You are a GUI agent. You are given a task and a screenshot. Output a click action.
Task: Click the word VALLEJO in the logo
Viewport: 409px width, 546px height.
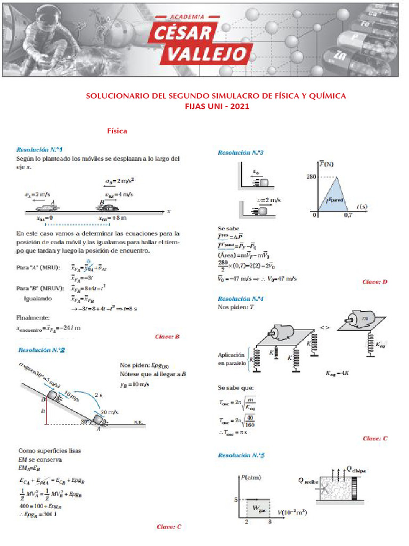(208, 54)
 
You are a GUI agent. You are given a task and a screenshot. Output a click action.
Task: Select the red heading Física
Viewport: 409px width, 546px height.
(117, 131)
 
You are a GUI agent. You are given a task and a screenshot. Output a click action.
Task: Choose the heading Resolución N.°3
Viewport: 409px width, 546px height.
(241, 152)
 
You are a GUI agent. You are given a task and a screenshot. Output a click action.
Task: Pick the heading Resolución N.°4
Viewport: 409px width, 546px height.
(241, 299)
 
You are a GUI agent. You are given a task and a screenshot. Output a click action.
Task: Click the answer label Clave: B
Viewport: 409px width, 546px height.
(167, 336)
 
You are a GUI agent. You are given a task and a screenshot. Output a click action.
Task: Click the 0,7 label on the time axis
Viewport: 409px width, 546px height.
(348, 215)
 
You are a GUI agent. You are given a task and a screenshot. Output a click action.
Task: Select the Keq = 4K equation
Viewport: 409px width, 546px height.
(338, 373)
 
